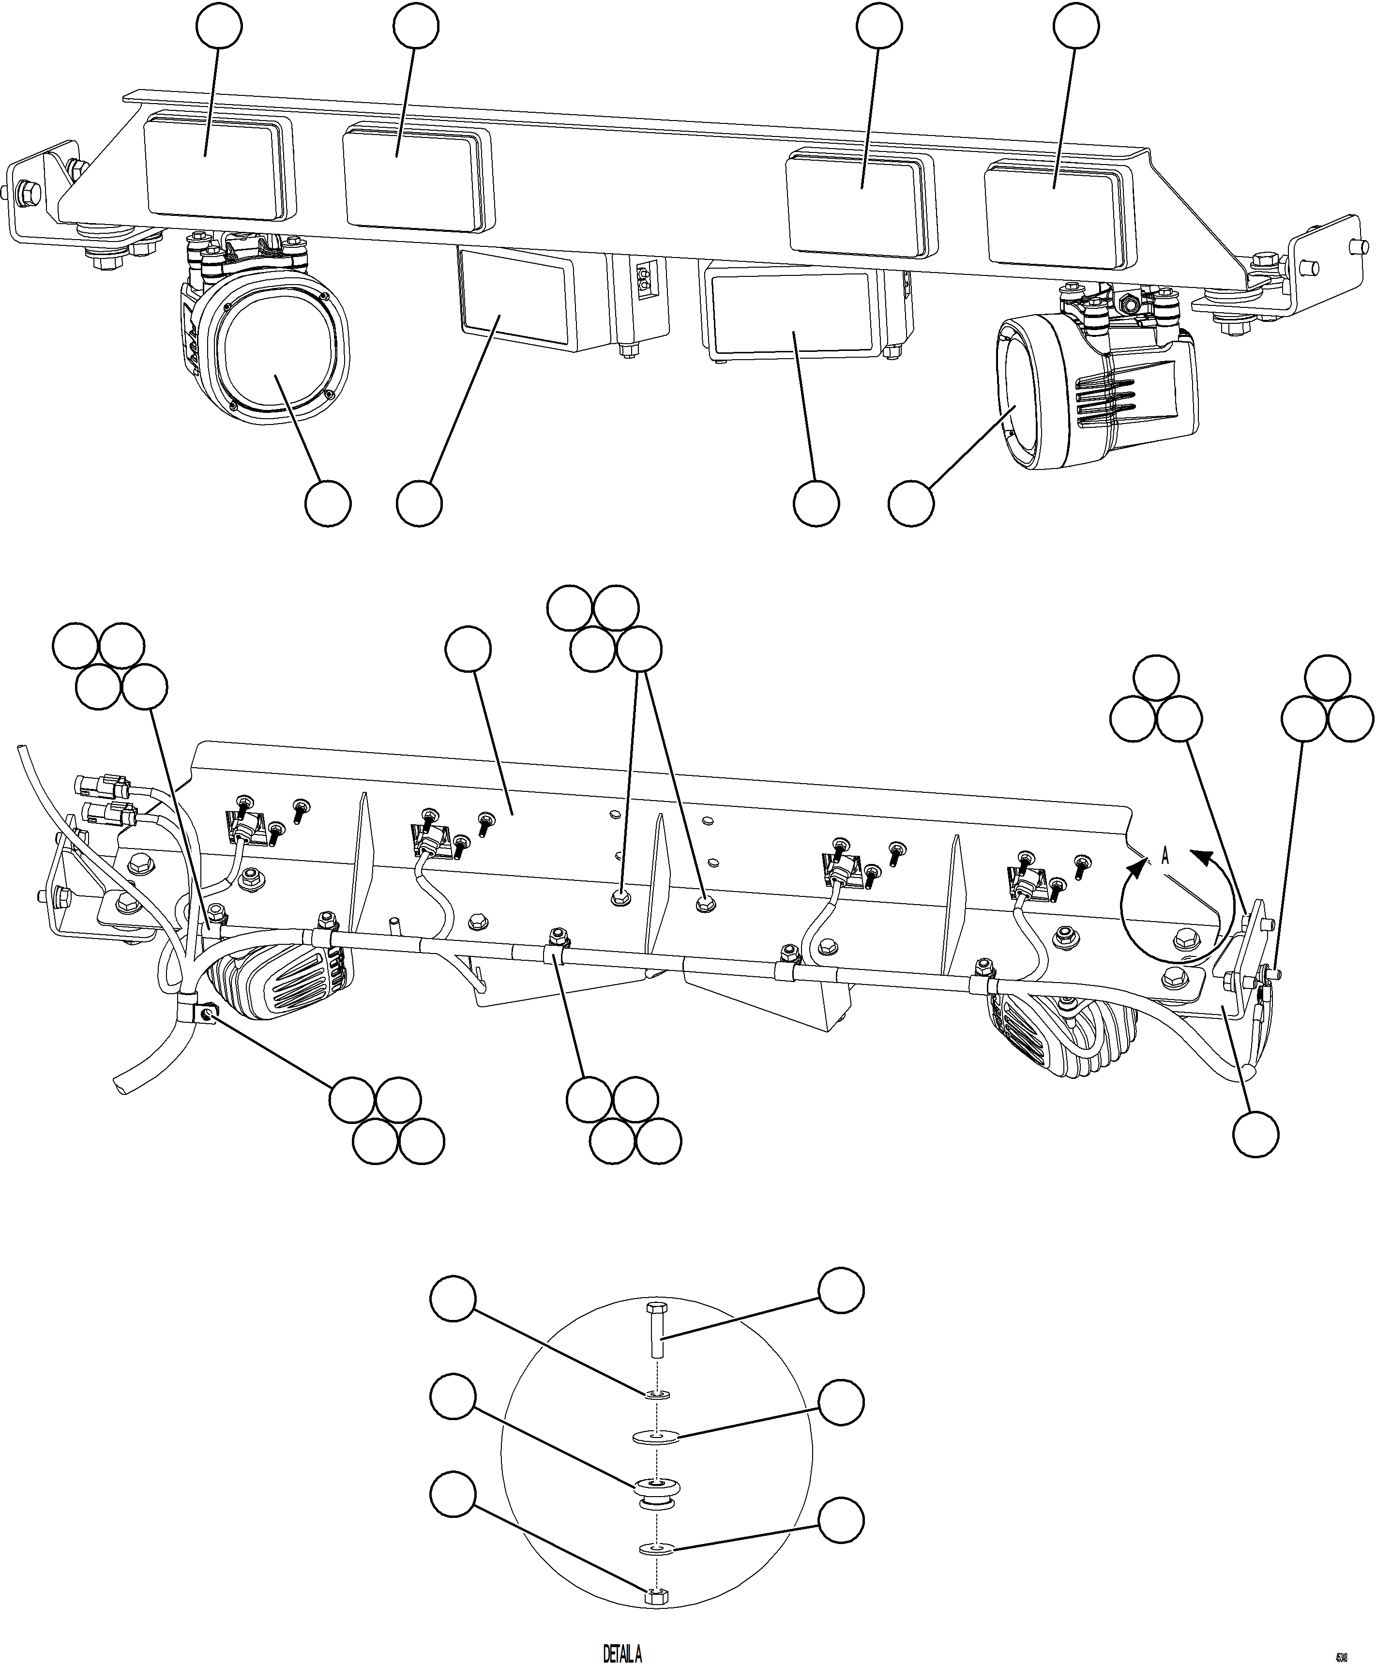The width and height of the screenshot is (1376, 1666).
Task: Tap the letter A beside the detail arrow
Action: coord(1165,856)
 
